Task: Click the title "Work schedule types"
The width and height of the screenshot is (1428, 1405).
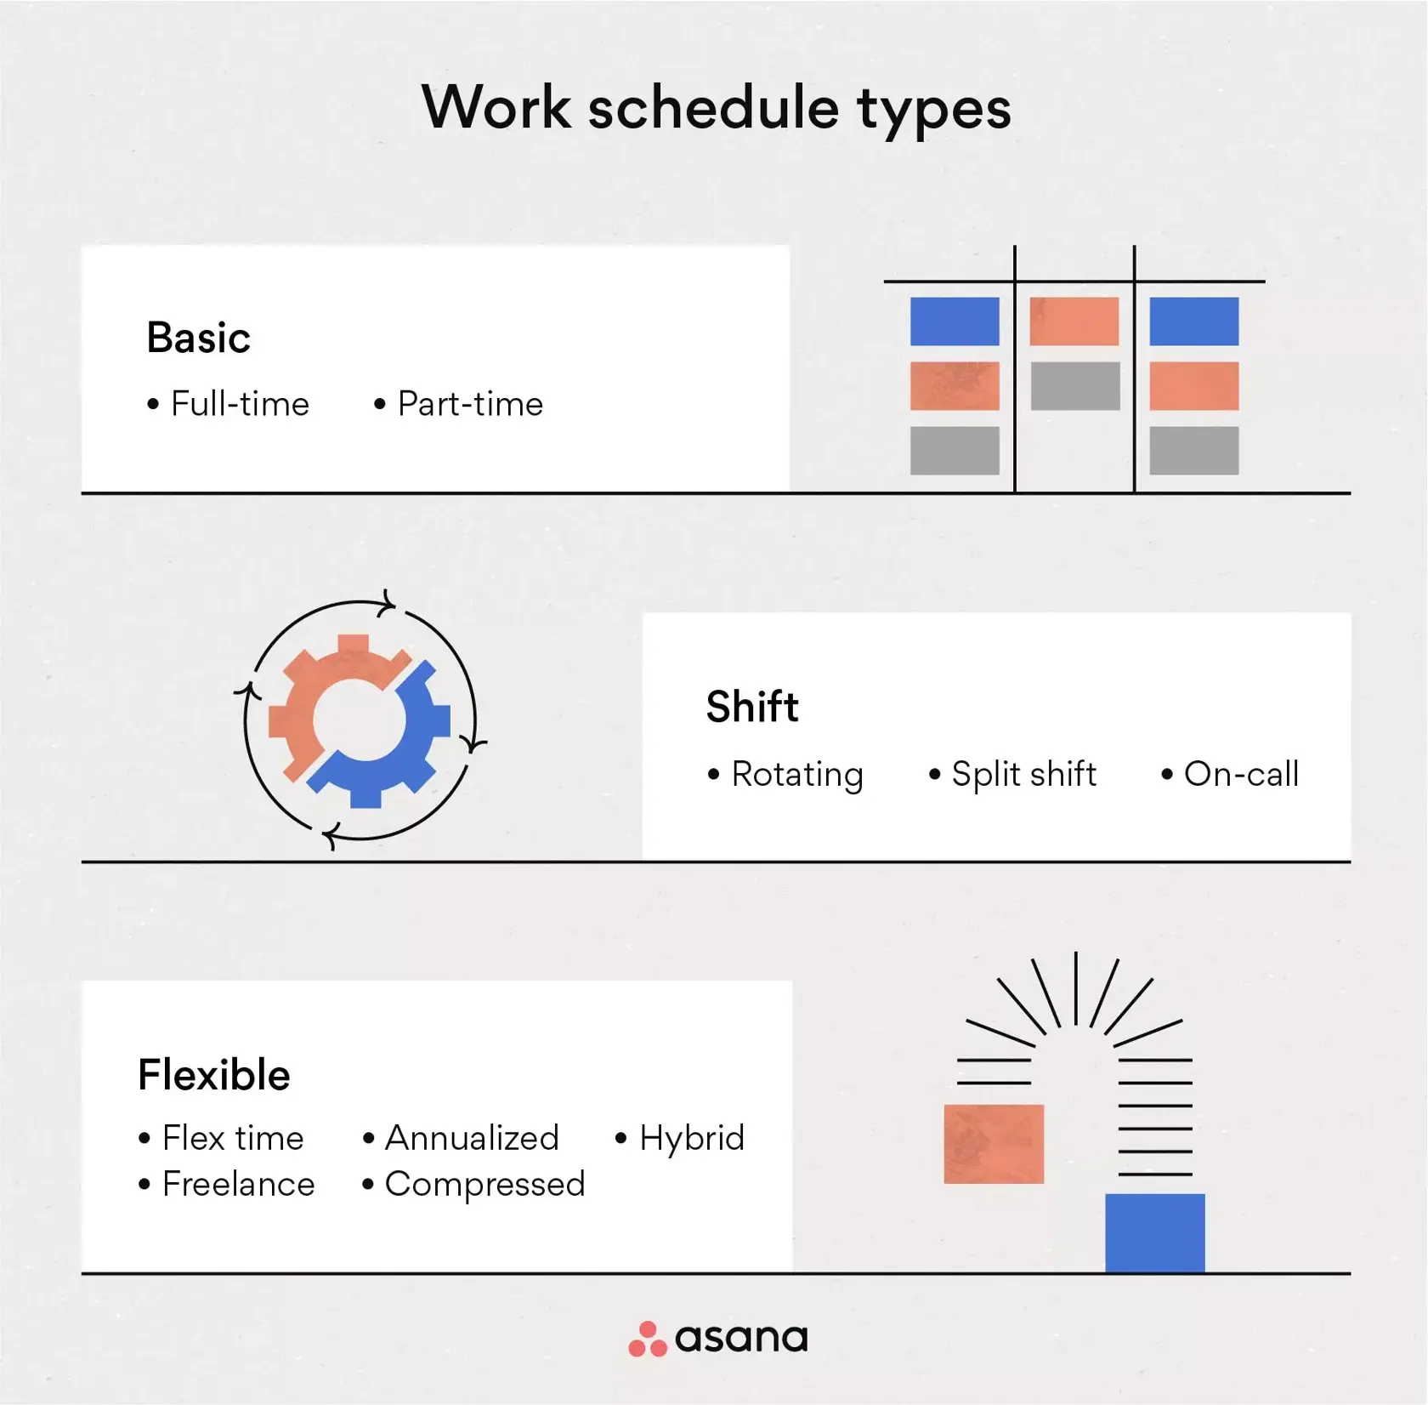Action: (x=716, y=108)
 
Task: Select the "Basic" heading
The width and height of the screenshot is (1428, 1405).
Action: (x=198, y=338)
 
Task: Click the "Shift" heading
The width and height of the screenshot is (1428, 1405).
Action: (x=752, y=707)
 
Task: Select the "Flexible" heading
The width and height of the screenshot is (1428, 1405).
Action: (x=214, y=1075)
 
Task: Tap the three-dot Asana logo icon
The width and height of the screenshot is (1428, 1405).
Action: (x=648, y=1339)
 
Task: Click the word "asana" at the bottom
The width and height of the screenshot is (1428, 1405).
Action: (x=741, y=1339)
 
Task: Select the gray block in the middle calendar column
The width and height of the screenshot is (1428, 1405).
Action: (x=1074, y=386)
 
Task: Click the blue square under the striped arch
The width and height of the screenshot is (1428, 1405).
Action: (x=1154, y=1232)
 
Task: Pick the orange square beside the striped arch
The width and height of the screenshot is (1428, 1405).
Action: (x=994, y=1144)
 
